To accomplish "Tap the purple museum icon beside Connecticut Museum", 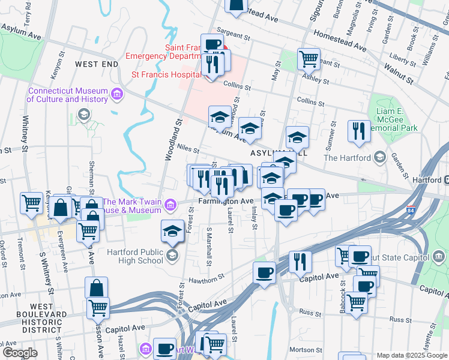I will coord(116,94).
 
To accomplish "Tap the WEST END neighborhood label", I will coord(96,64).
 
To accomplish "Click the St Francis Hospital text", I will coord(166,75).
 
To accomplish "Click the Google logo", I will coord(19,352).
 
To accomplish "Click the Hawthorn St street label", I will coord(206,277).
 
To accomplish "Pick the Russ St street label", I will coord(310,313).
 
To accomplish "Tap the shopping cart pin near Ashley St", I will coord(309,59).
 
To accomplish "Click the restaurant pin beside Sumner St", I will coord(359,131).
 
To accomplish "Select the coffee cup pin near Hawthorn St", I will coord(264,273).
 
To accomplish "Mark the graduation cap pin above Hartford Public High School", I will coord(172,231).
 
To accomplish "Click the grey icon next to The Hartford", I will coord(379,158).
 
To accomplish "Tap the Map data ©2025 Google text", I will coord(411,355).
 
